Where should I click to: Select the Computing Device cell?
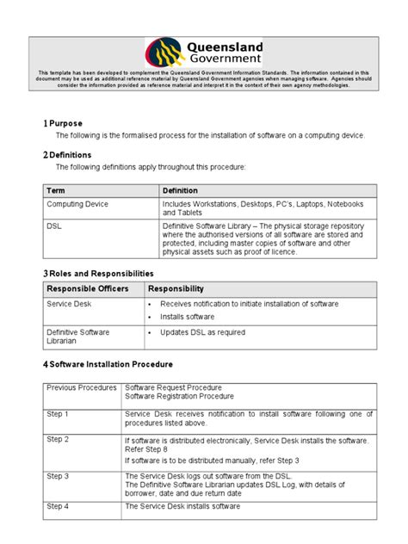(x=78, y=204)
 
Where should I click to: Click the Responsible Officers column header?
(x=83, y=289)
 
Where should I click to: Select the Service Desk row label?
(x=70, y=305)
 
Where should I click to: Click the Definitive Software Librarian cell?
(x=77, y=336)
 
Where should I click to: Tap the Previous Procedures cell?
(x=80, y=388)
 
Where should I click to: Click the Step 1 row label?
(x=59, y=414)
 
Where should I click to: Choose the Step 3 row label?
(x=59, y=476)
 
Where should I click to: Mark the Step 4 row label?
(x=59, y=507)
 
